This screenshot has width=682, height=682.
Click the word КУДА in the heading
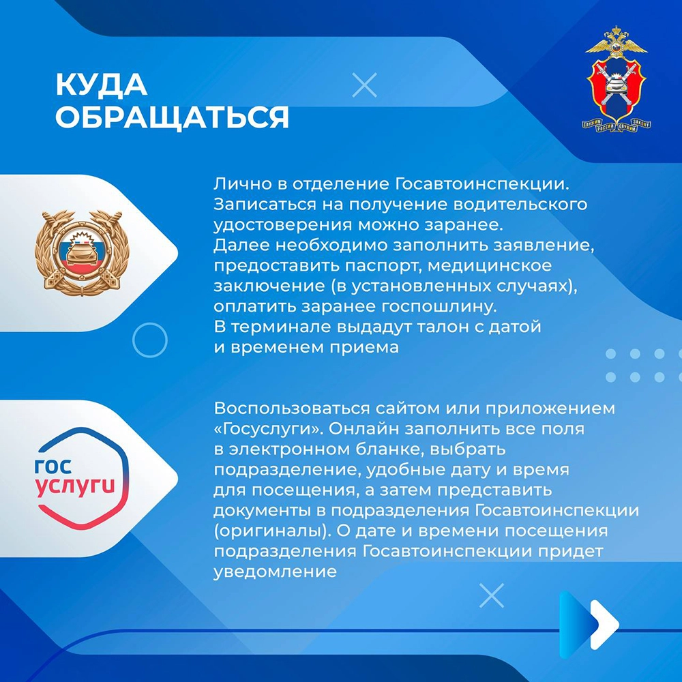point(102,84)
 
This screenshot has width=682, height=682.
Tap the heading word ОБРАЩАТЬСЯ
point(173,117)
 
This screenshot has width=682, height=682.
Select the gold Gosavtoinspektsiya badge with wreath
point(82,252)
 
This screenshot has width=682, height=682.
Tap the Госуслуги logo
point(81,477)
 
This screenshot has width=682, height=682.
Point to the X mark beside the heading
point(364,85)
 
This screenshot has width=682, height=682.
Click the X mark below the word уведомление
point(492,595)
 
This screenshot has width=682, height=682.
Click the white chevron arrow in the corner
point(604,624)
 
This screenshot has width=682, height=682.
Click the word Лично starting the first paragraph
point(242,184)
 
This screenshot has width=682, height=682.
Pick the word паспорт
point(379,266)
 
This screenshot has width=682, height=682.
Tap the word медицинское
point(490,265)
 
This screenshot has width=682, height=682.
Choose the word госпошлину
point(439,307)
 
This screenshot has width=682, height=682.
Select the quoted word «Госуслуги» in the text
point(268,429)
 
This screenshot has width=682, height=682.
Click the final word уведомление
point(275,572)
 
